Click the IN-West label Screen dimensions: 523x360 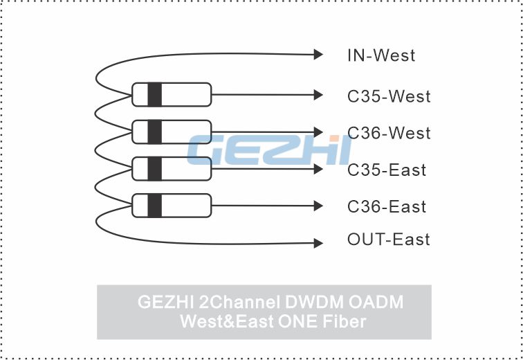tap(381, 55)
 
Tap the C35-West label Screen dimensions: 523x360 tap(389, 96)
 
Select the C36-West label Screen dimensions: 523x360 tap(389, 133)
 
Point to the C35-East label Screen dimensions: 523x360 tap(387, 170)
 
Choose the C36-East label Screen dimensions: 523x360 tap(387, 206)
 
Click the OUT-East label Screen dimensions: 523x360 tap(389, 240)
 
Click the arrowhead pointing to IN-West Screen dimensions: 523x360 tap(318, 55)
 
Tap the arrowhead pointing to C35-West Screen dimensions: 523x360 tap(318, 95)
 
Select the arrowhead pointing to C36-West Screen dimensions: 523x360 tap(318, 132)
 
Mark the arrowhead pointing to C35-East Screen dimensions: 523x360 tap(318, 169)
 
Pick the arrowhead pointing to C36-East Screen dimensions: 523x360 tap(318, 206)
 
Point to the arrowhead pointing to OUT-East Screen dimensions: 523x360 tap(318, 243)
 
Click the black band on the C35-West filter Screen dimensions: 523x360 tap(155, 95)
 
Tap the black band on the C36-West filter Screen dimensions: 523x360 tap(155, 132)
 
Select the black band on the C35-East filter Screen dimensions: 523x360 tap(155, 169)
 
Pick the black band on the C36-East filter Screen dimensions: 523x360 tap(155, 206)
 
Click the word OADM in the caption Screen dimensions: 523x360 tap(376, 302)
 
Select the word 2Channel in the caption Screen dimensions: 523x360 tap(239, 302)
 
